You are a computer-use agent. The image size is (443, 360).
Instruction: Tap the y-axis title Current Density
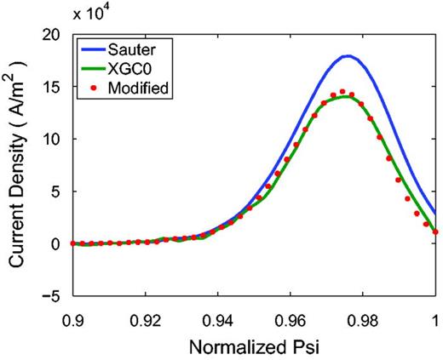pyautogui.click(x=18, y=164)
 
